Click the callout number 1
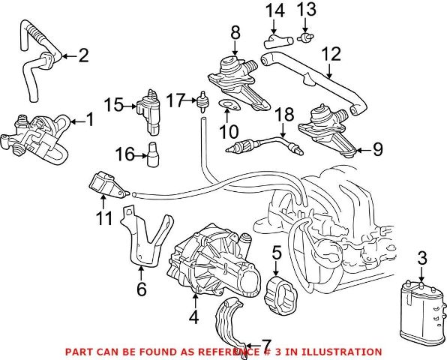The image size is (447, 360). pyautogui.click(x=90, y=118)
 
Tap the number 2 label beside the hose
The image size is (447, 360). pyautogui.click(x=83, y=55)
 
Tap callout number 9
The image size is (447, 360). pyautogui.click(x=377, y=149)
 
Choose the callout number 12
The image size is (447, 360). pyautogui.click(x=331, y=54)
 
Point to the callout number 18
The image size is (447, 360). pyautogui.click(x=283, y=115)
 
